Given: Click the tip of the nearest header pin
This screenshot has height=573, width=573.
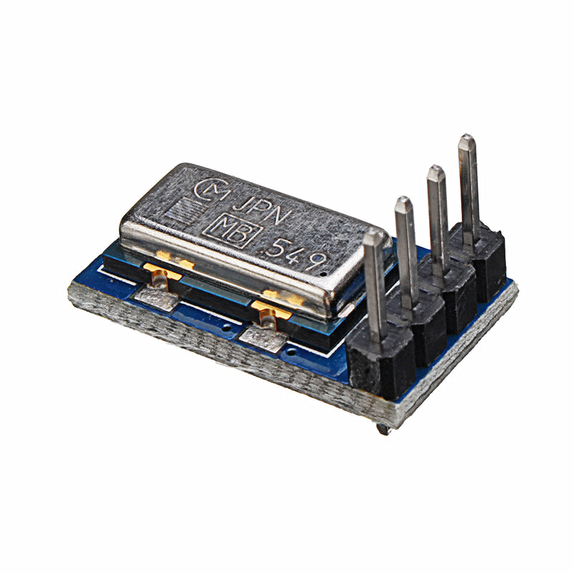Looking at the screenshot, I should [373, 238].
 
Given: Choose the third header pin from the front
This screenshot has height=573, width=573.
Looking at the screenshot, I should [437, 215].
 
